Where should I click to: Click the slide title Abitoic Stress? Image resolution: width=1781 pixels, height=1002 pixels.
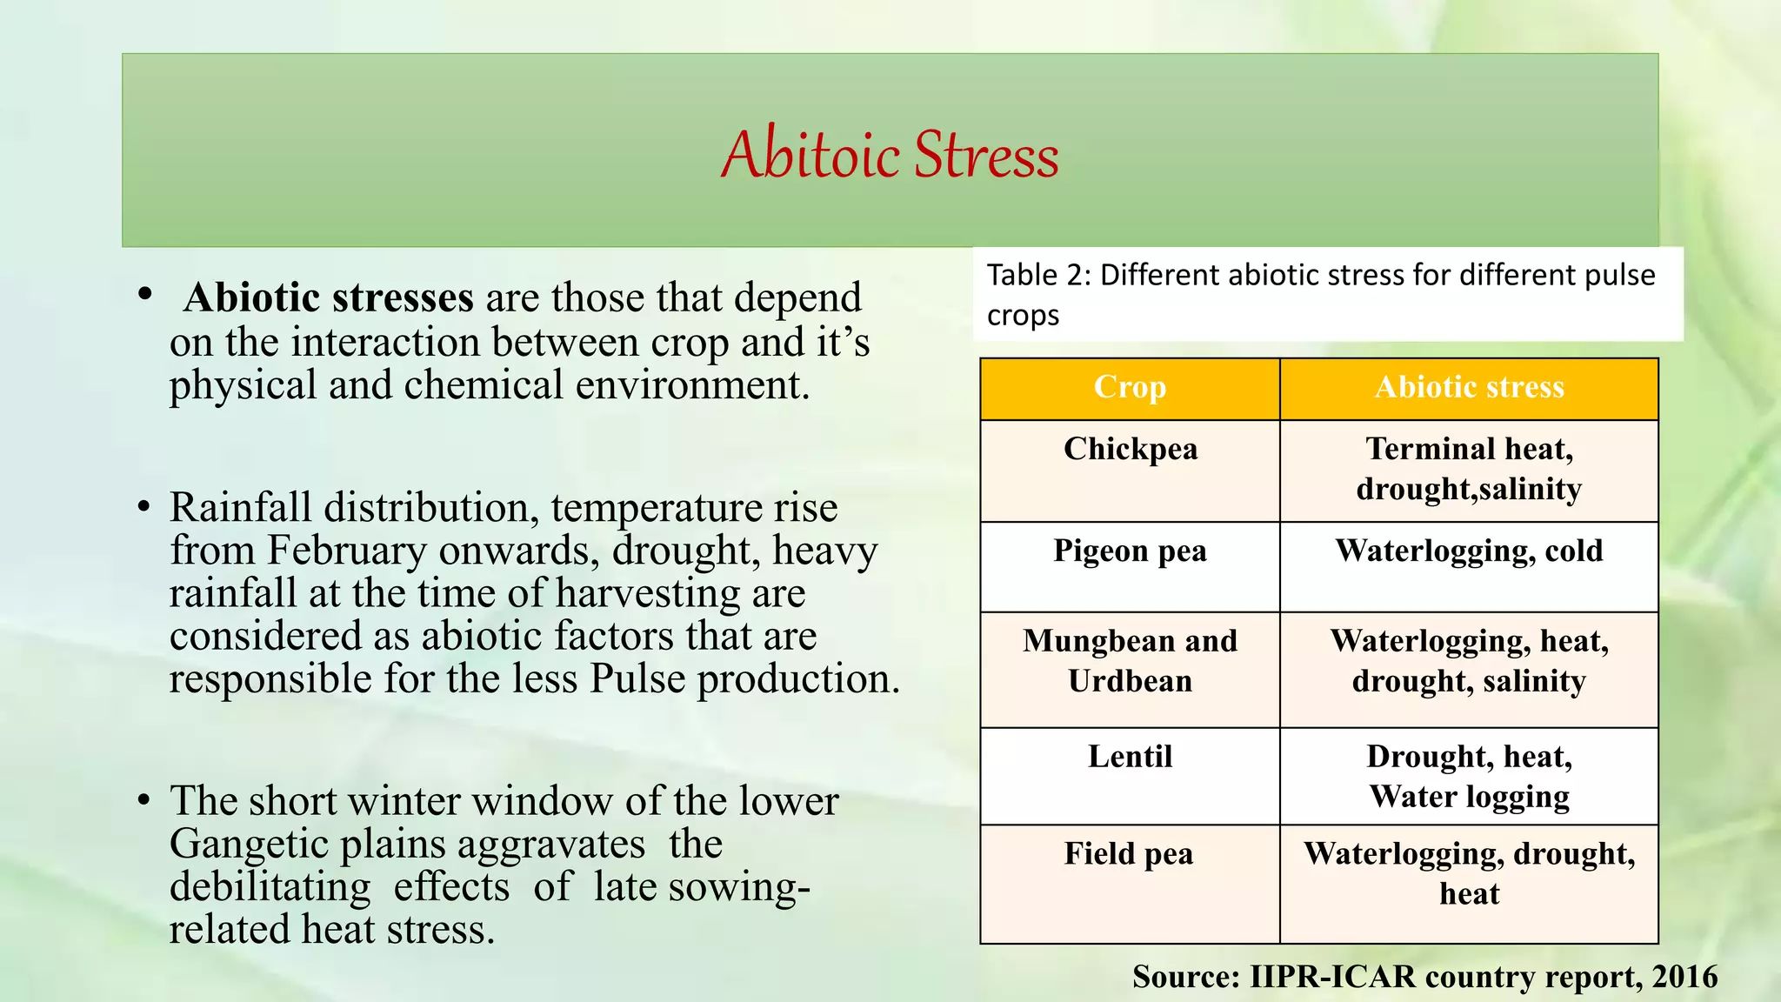coord(890,154)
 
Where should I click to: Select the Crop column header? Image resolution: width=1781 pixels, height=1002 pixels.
coord(1130,387)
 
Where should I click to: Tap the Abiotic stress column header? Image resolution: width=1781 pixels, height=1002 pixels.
coord(1469,387)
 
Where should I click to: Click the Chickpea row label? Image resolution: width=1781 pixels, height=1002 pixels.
coord(1130,450)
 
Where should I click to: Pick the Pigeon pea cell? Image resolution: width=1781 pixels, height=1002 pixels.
coord(1130,551)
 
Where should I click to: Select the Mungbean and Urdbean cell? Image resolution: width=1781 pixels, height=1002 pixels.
coord(1130,661)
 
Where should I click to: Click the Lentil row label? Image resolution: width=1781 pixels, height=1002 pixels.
coord(1130,757)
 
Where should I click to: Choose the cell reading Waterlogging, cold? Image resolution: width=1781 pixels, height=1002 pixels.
coord(1469,551)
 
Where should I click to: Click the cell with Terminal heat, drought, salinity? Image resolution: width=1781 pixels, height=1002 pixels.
coord(1469,469)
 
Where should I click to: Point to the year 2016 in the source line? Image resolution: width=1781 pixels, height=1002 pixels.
coord(1684,977)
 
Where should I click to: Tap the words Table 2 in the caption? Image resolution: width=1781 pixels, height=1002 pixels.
coord(1038,276)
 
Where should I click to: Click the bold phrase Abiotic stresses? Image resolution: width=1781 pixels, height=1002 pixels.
coord(328,298)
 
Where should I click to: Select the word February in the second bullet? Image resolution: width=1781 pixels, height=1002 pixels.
coord(347,551)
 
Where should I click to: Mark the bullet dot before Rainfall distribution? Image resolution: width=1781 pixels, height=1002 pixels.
coord(144,508)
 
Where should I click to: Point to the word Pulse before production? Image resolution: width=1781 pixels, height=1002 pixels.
coord(637,679)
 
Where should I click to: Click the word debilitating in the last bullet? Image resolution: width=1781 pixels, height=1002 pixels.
coord(270,887)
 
